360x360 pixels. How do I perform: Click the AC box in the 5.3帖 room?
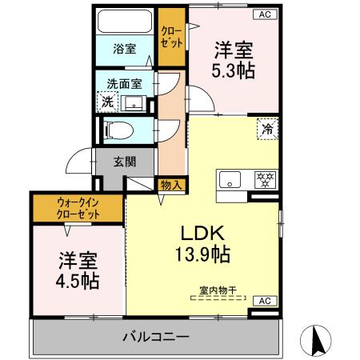[262, 14]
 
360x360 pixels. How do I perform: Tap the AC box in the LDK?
[262, 300]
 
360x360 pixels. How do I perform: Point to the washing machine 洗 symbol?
[106, 102]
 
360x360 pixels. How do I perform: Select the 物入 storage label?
[171, 185]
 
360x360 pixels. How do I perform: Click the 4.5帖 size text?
[78, 282]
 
